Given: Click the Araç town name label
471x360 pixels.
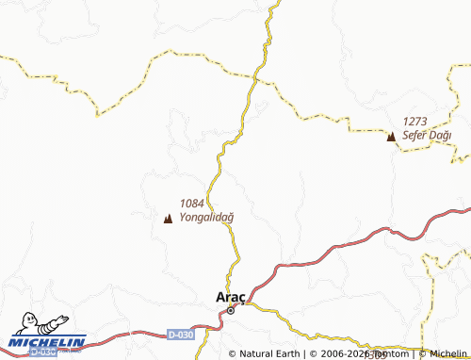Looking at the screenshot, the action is (x=231, y=295).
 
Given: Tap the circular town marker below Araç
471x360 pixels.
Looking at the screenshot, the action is (x=230, y=309).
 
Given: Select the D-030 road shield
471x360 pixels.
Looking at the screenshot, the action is (x=181, y=335).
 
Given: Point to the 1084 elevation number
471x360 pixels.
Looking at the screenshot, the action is (x=191, y=203).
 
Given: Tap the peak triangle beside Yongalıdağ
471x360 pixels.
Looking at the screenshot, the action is (x=168, y=220).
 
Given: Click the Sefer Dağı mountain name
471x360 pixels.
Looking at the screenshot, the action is (x=427, y=136).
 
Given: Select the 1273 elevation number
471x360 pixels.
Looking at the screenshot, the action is (x=415, y=122).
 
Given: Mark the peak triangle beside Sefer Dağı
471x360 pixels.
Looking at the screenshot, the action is (x=391, y=138).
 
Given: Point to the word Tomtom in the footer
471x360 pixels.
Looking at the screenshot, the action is (x=390, y=354).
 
